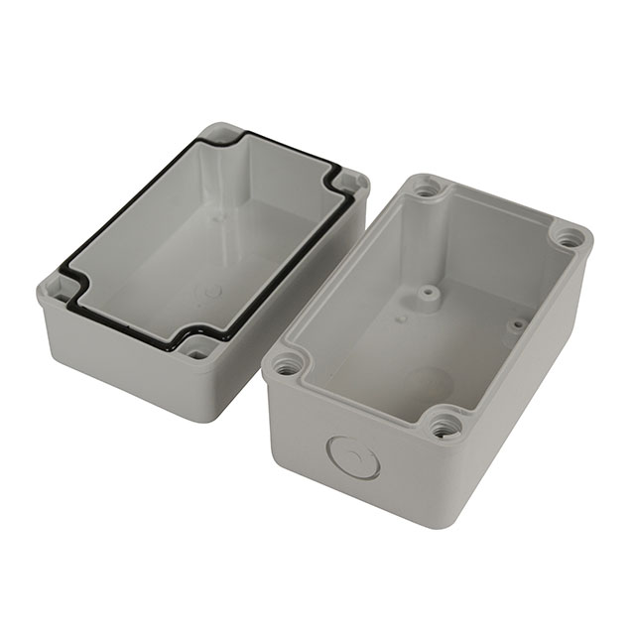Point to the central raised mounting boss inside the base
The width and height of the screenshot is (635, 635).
pyautogui.click(x=428, y=295)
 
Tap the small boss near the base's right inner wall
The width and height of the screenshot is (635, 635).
pyautogui.click(x=516, y=324)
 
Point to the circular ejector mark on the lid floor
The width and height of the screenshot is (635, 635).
pyautogui.click(x=210, y=293)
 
